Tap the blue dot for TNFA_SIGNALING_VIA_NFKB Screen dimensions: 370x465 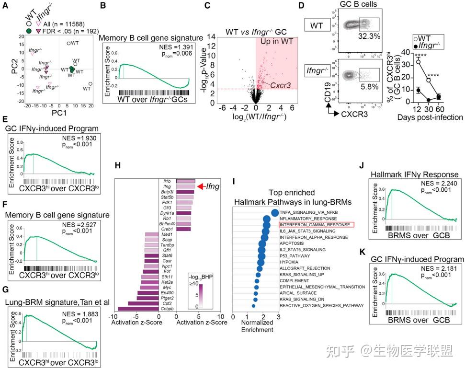pyautogui.click(x=275, y=213)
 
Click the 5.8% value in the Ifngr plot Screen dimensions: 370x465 pyautogui.click(x=367, y=88)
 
